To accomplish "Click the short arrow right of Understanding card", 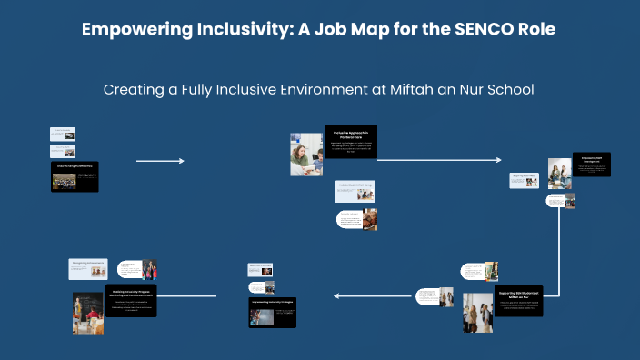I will pos(160,161).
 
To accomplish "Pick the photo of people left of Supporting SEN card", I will pos(477,308).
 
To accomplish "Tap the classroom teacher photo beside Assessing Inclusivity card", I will pos(88,313).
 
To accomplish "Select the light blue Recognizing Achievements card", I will pos(89,268).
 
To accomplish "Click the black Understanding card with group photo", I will pos(74,176).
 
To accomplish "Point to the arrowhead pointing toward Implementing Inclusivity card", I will pos(337,295).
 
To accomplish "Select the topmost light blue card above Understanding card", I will pos(62,134).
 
